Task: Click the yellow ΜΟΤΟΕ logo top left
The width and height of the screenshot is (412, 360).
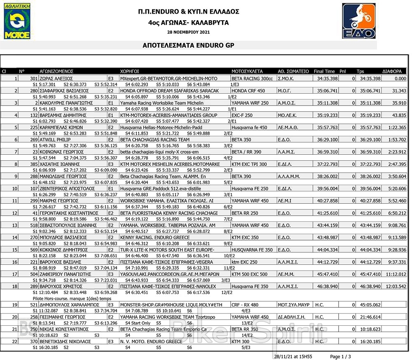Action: point(17,23)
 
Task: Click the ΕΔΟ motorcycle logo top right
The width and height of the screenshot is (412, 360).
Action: point(358,21)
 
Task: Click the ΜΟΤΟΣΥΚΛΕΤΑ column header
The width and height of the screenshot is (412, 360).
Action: point(247,71)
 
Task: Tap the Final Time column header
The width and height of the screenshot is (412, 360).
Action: point(324,71)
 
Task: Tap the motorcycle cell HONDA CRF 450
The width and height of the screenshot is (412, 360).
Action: point(248,91)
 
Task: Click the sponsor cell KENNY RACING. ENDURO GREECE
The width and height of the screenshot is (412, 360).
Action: point(150,238)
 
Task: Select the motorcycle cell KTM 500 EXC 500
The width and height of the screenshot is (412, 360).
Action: point(249,274)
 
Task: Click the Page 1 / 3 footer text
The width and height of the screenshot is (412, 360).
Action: point(340,356)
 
